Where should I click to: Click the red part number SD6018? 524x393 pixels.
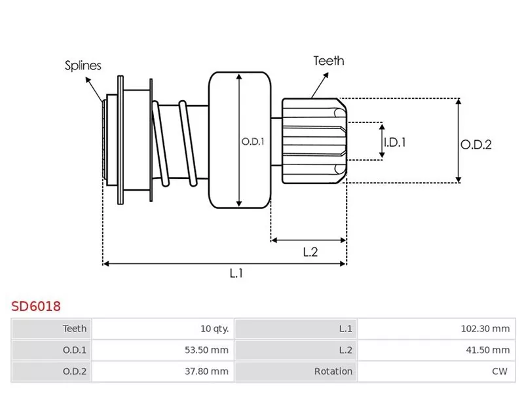tap(36, 306)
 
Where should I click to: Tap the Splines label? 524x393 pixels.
tap(83, 65)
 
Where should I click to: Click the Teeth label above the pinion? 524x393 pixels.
tap(328, 61)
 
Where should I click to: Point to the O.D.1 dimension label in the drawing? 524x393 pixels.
tap(252, 141)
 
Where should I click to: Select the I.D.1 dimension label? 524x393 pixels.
tap(394, 141)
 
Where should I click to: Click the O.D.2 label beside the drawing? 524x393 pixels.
tap(476, 145)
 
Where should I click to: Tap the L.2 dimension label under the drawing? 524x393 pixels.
tap(310, 252)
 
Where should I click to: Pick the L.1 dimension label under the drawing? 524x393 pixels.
tap(236, 274)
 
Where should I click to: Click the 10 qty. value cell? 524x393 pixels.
tap(215, 328)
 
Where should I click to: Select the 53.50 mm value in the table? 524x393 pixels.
tap(206, 350)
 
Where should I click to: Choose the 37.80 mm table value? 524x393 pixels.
tap(206, 371)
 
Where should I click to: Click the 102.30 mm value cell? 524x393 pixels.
tap(484, 328)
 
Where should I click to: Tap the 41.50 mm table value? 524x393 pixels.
tap(487, 350)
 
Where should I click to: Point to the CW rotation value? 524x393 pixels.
tap(500, 371)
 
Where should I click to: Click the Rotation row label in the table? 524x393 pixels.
tap(333, 371)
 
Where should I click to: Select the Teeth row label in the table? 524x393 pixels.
tap(75, 328)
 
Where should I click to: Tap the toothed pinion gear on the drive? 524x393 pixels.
tap(313, 140)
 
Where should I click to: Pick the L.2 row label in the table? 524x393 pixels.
tap(345, 350)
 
